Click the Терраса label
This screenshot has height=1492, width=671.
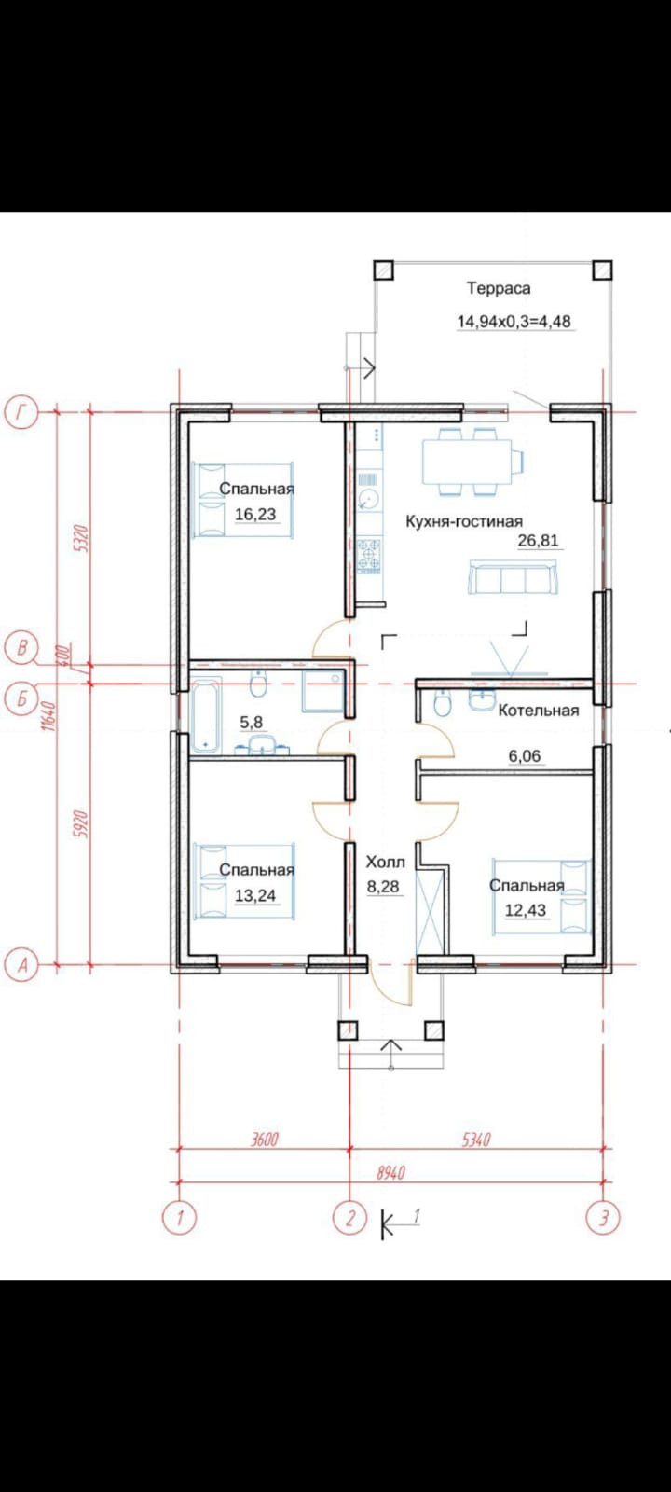pyautogui.click(x=499, y=288)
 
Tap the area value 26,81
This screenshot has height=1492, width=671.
pyautogui.click(x=538, y=540)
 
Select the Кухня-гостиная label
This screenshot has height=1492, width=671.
pyautogui.click(x=464, y=521)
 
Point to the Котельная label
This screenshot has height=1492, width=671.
pyautogui.click(x=539, y=710)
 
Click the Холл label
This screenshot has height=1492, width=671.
pyautogui.click(x=386, y=862)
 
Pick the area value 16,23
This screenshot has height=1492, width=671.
pyautogui.click(x=255, y=514)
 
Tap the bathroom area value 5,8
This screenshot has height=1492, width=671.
pyautogui.click(x=251, y=722)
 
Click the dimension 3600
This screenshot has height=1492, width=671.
pyautogui.click(x=265, y=1139)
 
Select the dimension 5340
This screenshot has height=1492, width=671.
pyautogui.click(x=476, y=1139)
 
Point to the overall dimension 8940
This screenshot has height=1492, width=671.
pyautogui.click(x=391, y=1172)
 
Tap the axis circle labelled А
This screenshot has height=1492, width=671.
pyautogui.click(x=21, y=964)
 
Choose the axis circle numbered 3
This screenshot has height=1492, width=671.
pyautogui.click(x=603, y=1218)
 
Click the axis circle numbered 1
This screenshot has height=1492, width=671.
pyautogui.click(x=179, y=1218)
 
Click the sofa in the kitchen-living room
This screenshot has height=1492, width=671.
pyautogui.click(x=512, y=577)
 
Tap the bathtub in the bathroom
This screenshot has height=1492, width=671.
pyautogui.click(x=205, y=714)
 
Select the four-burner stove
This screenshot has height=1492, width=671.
pyautogui.click(x=369, y=556)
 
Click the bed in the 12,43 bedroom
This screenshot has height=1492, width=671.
pyautogui.click(x=541, y=896)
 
